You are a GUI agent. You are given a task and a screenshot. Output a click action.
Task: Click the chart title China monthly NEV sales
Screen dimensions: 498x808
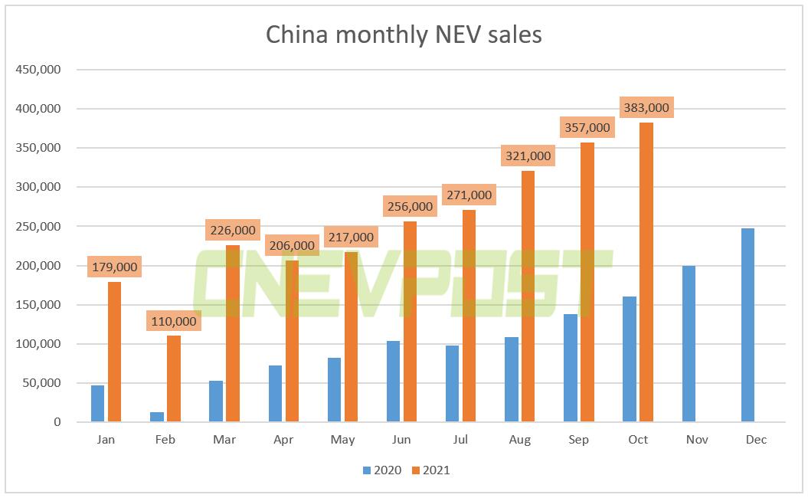click(x=404, y=34)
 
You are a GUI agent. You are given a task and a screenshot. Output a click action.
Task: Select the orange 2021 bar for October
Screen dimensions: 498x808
click(x=646, y=272)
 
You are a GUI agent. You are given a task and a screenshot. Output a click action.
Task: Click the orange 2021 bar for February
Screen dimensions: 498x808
click(x=174, y=378)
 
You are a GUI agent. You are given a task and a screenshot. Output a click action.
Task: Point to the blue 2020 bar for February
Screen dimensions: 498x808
click(x=156, y=417)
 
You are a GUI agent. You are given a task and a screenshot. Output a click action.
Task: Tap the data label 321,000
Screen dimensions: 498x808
click(x=528, y=156)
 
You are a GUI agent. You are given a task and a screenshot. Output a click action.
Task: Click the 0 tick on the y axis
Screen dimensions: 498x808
click(x=57, y=422)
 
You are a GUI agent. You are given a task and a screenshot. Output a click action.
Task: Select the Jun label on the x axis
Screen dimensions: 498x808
click(x=401, y=440)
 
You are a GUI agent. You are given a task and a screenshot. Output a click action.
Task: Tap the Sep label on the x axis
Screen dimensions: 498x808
click(x=579, y=440)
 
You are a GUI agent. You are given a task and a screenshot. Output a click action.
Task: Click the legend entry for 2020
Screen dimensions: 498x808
click(x=383, y=470)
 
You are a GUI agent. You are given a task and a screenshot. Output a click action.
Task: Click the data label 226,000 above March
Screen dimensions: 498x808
click(x=232, y=229)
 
